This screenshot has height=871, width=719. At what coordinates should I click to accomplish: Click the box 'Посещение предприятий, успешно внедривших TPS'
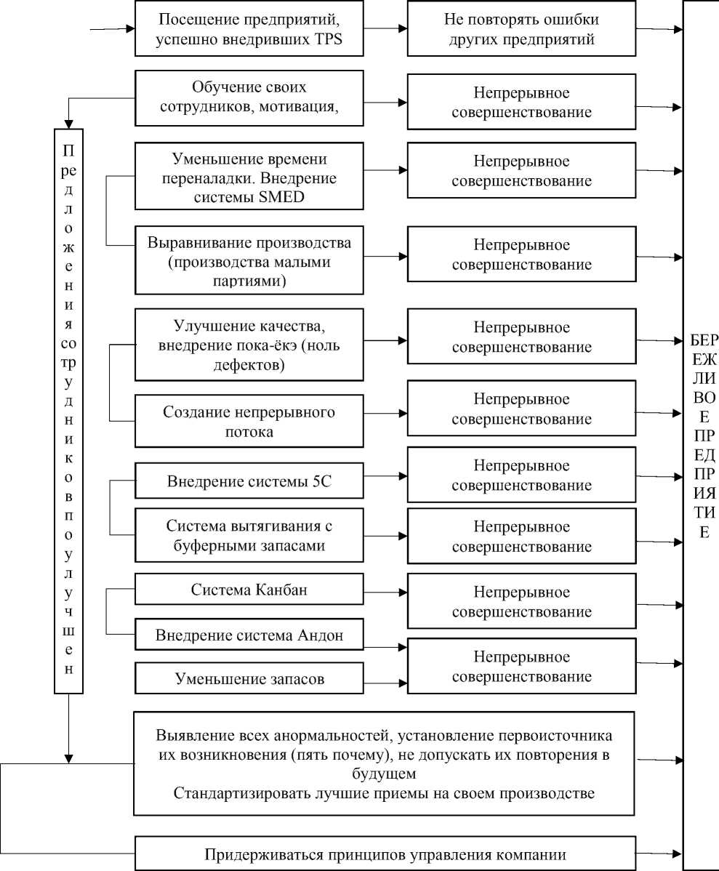[x=249, y=29]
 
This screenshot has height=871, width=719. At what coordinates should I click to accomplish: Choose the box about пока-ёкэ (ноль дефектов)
[x=249, y=345]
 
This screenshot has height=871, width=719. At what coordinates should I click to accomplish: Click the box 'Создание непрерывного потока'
[x=249, y=422]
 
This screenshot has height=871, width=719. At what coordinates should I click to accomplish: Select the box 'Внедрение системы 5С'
[x=249, y=481]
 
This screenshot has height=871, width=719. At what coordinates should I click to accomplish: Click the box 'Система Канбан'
[x=249, y=590]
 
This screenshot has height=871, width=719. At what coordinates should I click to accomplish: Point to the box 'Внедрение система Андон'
[x=249, y=635]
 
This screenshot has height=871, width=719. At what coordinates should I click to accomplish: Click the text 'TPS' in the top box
[x=327, y=40]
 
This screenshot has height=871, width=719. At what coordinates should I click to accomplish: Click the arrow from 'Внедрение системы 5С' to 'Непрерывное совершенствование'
[x=384, y=477]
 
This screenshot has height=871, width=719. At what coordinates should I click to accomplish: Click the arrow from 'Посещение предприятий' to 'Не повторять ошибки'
[x=384, y=29]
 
